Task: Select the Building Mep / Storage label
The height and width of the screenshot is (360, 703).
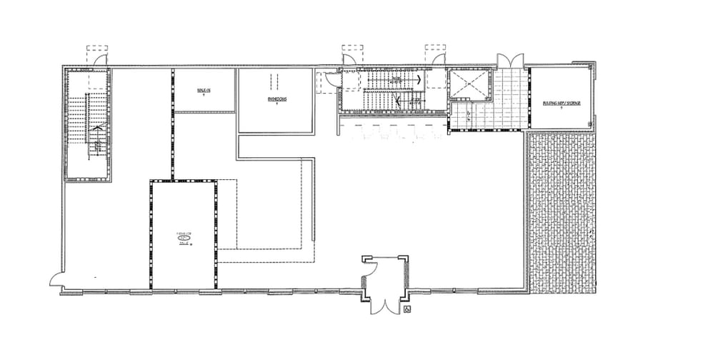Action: tap(562, 103)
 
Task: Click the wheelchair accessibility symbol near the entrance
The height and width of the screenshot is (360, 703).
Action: tap(407, 309)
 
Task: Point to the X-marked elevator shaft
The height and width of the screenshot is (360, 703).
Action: tap(469, 85)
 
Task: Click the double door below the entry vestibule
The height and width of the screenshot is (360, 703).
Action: tap(384, 306)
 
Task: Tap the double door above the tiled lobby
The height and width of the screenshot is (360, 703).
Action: tap(510, 61)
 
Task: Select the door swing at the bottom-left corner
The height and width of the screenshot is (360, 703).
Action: tap(56, 280)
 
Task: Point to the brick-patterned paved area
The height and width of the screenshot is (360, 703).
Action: tap(562, 207)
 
